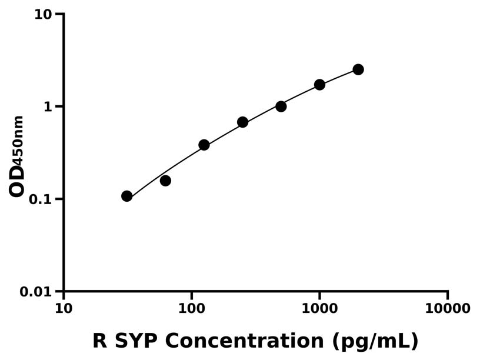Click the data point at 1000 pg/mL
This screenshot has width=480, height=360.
[x=319, y=85]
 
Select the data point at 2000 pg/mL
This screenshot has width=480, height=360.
[x=358, y=69]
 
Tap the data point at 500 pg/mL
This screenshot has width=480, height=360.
[x=281, y=106]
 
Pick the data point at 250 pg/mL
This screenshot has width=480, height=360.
[x=242, y=122]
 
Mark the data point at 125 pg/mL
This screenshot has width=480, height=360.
[x=204, y=145]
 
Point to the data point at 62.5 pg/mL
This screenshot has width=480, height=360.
[x=165, y=181]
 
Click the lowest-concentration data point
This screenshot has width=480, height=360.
[x=127, y=196]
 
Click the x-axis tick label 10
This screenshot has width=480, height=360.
[x=64, y=308]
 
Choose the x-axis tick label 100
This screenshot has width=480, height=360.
[x=192, y=308]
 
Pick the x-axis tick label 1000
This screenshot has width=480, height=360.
[x=319, y=308]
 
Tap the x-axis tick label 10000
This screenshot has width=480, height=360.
[x=448, y=308]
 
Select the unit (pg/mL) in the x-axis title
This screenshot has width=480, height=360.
[x=375, y=341]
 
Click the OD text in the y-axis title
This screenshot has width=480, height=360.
[x=17, y=180]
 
